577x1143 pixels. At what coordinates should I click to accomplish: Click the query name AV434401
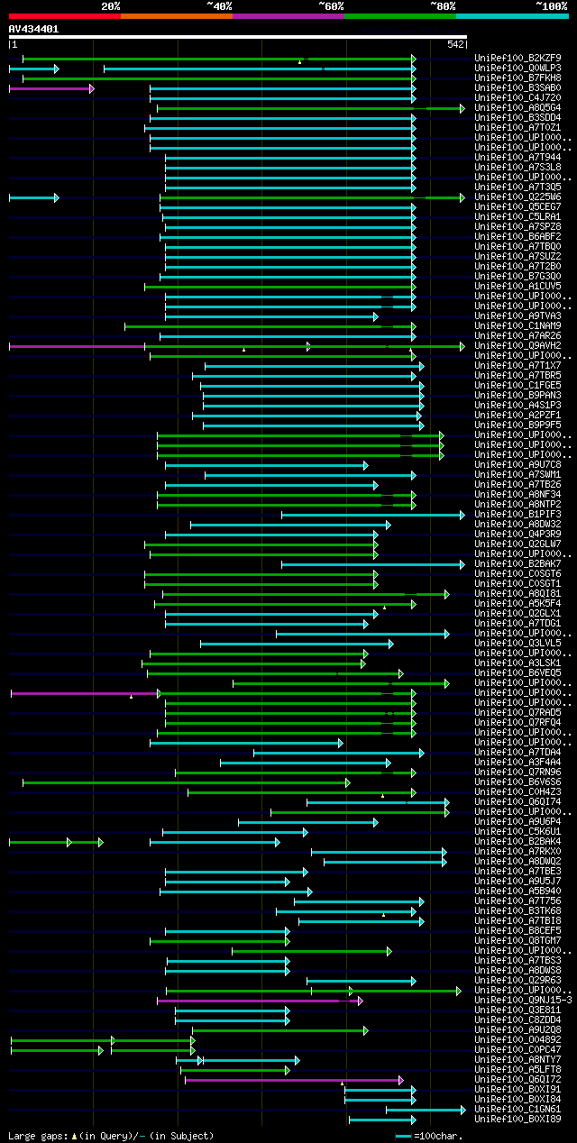33,29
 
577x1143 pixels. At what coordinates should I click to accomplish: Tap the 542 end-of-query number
455,44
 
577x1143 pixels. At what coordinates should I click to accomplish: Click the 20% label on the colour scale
111,6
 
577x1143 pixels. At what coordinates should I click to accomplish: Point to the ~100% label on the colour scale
551,6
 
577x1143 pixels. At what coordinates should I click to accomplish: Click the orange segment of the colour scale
176,16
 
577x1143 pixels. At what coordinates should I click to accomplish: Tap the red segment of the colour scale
64,16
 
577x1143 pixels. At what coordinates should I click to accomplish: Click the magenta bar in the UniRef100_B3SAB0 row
50,88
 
